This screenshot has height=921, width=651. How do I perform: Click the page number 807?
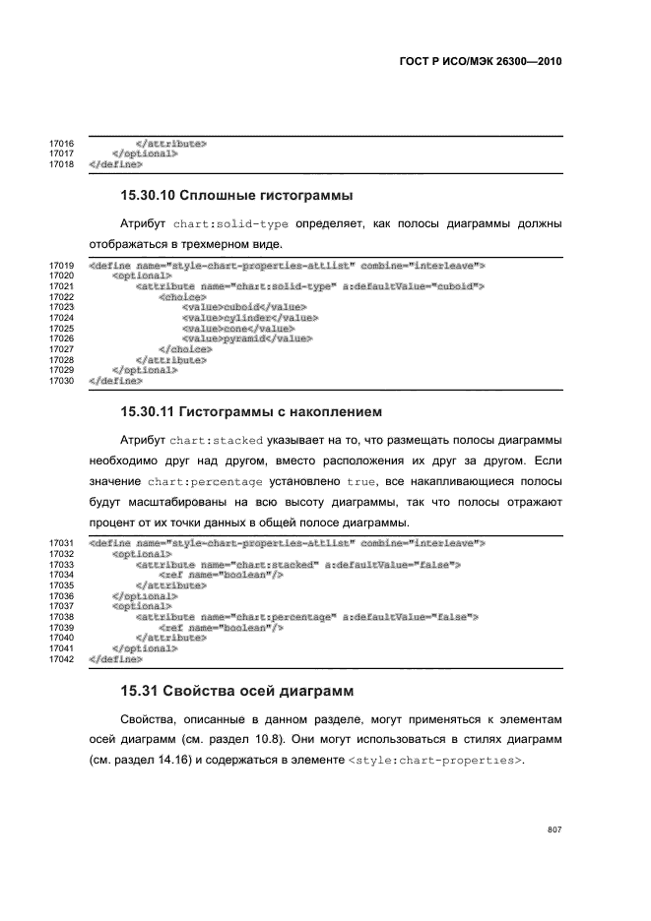click(x=553, y=829)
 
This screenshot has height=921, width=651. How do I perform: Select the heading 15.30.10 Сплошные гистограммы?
click(x=236, y=195)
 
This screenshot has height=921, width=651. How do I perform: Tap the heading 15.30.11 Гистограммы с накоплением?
click(x=250, y=409)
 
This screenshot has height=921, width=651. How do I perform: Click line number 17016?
click(x=62, y=144)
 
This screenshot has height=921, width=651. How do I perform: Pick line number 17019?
click(x=62, y=266)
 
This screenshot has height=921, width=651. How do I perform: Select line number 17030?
click(x=62, y=380)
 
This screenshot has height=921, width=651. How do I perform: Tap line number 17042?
click(x=62, y=658)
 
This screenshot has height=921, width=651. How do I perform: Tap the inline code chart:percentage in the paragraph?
click(x=205, y=482)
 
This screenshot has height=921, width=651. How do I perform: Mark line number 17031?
click(x=62, y=543)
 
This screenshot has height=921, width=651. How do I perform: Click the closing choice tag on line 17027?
click(x=185, y=349)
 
